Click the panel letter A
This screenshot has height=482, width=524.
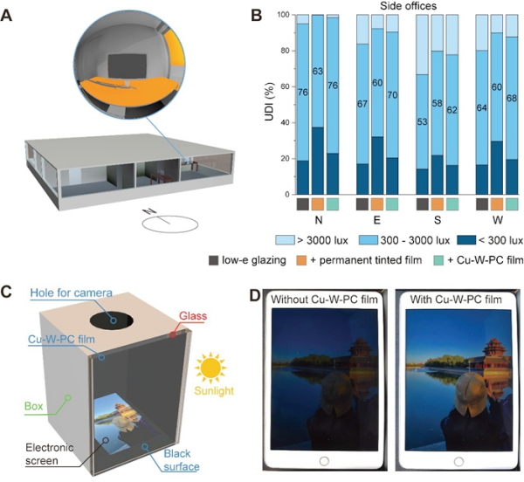pos(6,16)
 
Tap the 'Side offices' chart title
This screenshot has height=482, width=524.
pos(408,6)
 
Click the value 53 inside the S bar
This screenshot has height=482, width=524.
pos(422,121)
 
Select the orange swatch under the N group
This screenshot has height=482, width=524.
pos(318,204)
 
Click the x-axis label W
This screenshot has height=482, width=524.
pos(497,220)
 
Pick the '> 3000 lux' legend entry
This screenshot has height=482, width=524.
pos(312,240)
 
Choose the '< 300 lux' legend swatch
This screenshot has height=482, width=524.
pos(466,240)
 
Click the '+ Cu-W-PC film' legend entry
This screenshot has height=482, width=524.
pos(479,260)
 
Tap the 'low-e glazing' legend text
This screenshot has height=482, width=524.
pos(254,260)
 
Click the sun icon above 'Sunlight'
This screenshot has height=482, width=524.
pos(210,368)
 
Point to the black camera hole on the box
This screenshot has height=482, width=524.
pos(112,320)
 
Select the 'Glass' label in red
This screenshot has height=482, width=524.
pos(193,315)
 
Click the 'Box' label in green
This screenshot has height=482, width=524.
pos(34,406)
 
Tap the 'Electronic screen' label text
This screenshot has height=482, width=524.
pos(50,454)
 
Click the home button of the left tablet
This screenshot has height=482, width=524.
pos(324,461)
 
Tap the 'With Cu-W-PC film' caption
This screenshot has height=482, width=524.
pos(456,300)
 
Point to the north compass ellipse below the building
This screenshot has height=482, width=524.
pos(170,224)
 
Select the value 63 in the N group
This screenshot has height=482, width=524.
pos(318,71)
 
